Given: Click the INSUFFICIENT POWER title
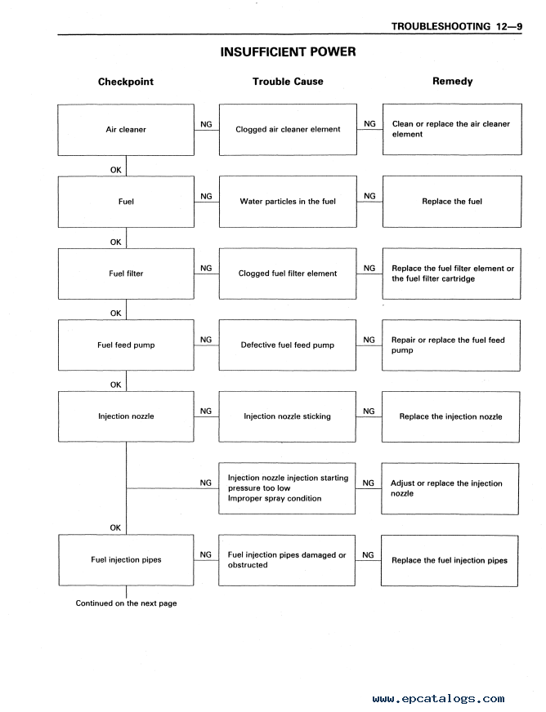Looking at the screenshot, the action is pos(288,51).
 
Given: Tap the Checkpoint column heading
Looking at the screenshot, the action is pos(126,82).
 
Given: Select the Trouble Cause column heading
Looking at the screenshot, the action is pos(288,82).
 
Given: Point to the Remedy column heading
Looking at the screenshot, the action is pos(452,82).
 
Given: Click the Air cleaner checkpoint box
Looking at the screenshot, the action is pos(126,130).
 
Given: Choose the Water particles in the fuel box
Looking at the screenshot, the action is pos(288,202).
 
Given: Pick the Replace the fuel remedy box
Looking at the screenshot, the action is pos(452,202).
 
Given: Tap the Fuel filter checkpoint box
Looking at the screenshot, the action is pos(126,274).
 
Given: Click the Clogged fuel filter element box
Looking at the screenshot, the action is pos(288,274).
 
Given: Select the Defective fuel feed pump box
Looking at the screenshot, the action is pos(288,345).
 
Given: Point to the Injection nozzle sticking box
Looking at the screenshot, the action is pos(288,416).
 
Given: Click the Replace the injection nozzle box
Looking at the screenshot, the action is pos(450,417).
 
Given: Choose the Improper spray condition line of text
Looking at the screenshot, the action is pos(275,499).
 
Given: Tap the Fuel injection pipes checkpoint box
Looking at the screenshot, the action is pos(126,560).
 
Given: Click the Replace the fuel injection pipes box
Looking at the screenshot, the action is pos(450,561).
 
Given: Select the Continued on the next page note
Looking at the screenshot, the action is pos(126,603).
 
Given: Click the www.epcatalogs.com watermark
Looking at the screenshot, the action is pos(438,699).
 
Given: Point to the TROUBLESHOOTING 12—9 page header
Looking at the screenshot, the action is pos(457,26).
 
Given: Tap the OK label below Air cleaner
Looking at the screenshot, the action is pos(115,170).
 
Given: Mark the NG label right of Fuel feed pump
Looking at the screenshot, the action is pos(206,340).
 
